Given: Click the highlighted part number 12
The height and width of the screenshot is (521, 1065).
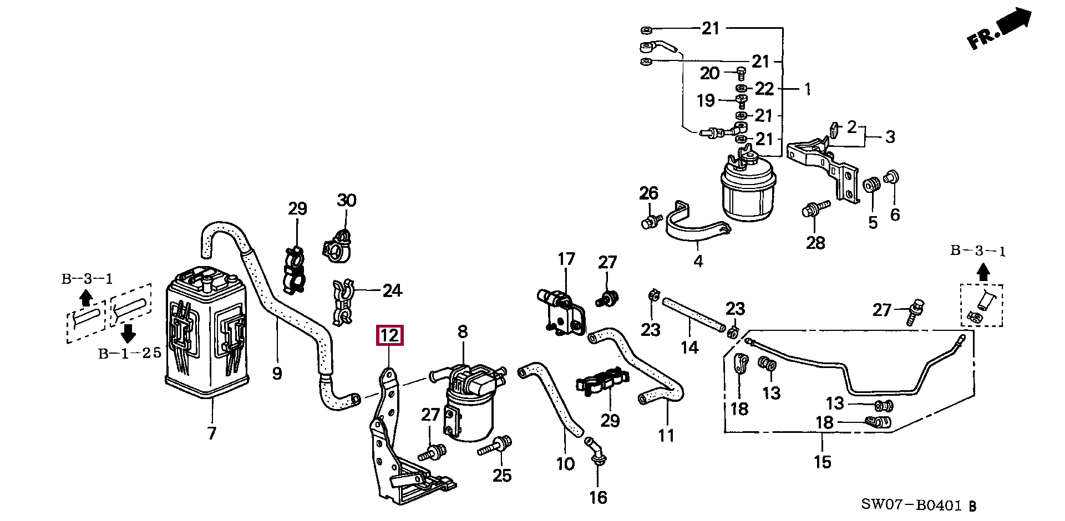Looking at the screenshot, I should click(390, 336).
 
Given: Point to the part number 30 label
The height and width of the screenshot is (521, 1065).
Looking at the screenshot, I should click(347, 201).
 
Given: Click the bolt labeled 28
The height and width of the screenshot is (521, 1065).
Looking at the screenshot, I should click(815, 209).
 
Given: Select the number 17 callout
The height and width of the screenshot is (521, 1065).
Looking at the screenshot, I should click(566, 259).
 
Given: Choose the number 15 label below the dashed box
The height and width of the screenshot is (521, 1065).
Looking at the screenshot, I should click(823, 461).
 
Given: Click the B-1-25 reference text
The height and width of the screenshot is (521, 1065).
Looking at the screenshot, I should click(130, 353).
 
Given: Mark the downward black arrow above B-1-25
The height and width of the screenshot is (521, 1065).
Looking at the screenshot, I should click(128, 334).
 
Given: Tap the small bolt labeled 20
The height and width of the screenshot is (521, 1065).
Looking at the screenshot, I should click(741, 71).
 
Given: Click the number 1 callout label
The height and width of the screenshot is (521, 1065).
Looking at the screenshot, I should click(807, 89).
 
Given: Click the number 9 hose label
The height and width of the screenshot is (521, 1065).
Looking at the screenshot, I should click(277, 374).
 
